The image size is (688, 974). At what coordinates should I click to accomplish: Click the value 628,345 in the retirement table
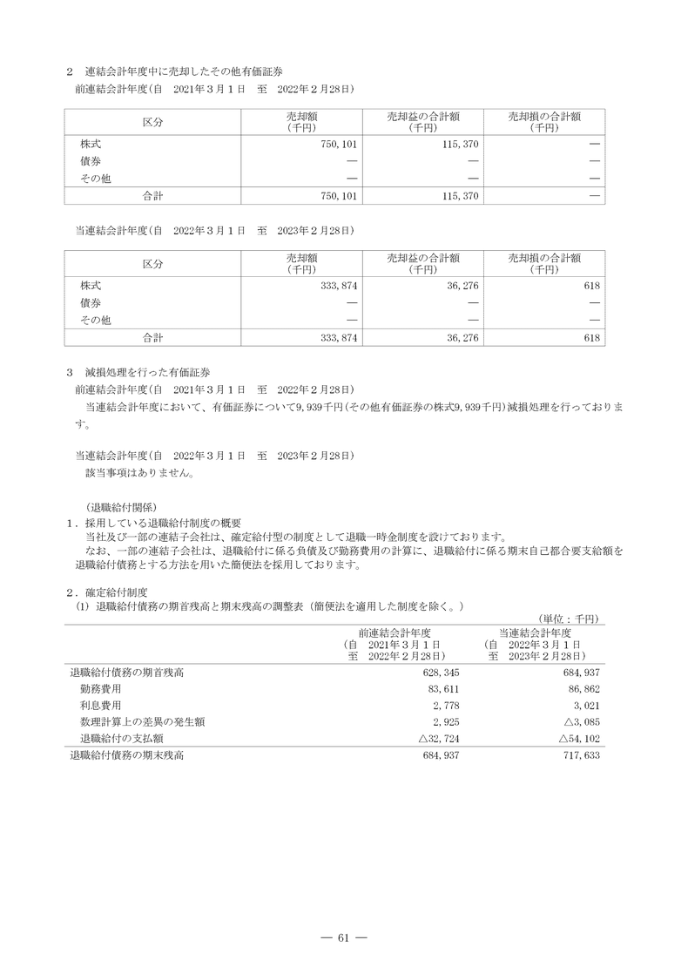[440, 673]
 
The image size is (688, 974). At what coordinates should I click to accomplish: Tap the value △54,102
[578, 738]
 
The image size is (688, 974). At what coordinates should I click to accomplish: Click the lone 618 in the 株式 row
[592, 286]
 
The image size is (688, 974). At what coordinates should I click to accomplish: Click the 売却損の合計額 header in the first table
[544, 120]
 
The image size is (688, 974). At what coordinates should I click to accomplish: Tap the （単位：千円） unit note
[569, 618]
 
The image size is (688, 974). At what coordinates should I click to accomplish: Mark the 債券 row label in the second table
[91, 302]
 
